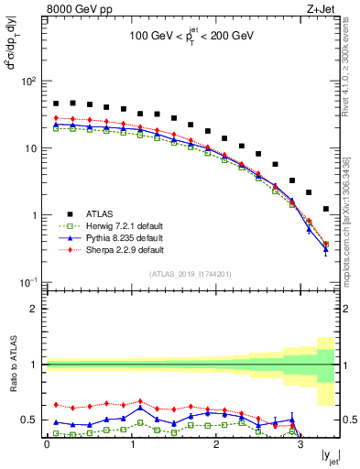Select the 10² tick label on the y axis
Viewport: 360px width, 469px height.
28,82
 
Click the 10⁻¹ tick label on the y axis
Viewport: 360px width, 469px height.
28,282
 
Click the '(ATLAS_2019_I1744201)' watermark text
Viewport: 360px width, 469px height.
190,274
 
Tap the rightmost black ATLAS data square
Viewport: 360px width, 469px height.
326,209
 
